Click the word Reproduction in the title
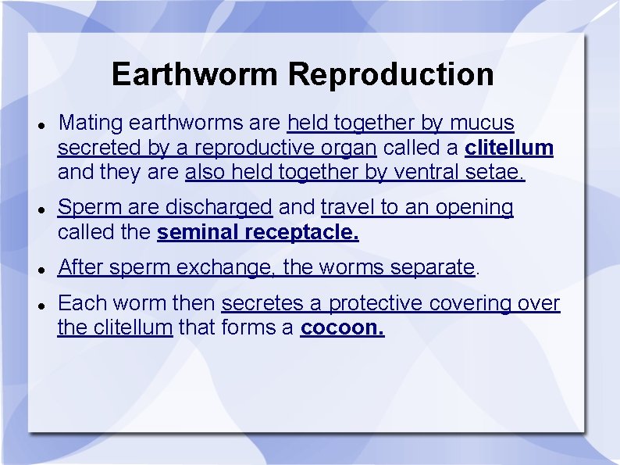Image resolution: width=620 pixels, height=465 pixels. [x=391, y=75]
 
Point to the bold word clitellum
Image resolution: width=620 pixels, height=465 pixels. [x=509, y=148]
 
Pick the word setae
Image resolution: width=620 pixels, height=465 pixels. [x=499, y=172]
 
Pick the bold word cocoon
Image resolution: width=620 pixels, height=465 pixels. [x=342, y=327]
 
